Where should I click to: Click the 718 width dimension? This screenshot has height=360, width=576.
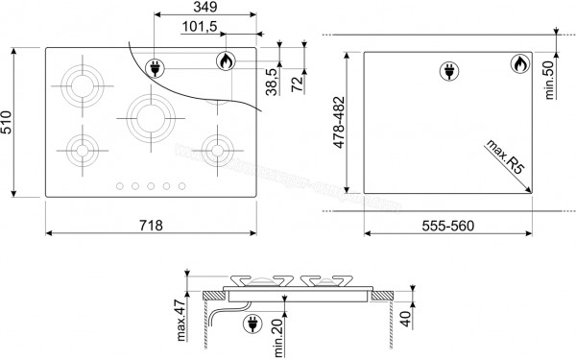click(x=150, y=226)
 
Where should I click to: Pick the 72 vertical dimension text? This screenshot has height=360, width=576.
click(x=298, y=84)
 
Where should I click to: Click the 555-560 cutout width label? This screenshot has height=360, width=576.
click(x=449, y=226)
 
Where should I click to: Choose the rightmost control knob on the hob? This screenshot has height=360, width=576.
click(x=180, y=186)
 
